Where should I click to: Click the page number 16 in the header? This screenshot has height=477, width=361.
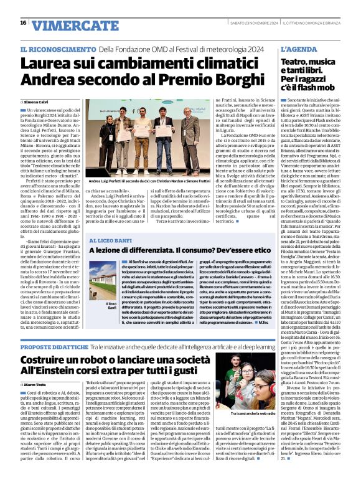pos(23,22)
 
